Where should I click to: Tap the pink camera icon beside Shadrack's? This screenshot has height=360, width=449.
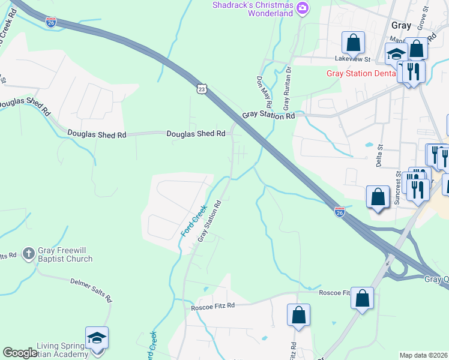[x=304, y=7]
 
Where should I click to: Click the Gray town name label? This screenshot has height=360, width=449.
[x=401, y=25]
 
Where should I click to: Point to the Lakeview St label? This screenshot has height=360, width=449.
[x=354, y=59]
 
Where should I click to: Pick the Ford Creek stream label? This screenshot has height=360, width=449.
[x=194, y=220]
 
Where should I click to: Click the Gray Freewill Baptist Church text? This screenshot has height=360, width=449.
[x=65, y=254]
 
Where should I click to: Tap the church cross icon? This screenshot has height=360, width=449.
[x=28, y=254]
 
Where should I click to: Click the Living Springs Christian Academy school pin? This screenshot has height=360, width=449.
[x=97, y=338]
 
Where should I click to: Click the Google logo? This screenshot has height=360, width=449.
[x=19, y=353]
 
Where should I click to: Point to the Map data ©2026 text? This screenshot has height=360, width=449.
[x=424, y=355]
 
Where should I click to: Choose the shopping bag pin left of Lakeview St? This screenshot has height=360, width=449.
[x=353, y=43]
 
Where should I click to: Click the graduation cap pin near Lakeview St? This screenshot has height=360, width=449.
[x=396, y=55]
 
